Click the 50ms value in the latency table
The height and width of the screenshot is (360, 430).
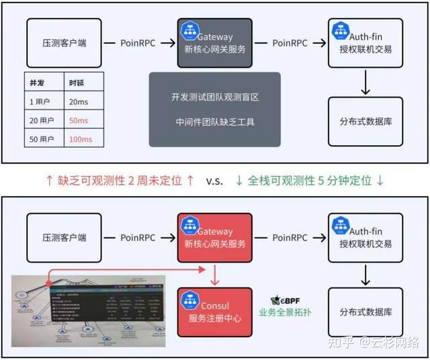tap(79, 120)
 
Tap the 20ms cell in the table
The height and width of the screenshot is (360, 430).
tap(79, 101)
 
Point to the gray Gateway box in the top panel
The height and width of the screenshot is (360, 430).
tap(215, 42)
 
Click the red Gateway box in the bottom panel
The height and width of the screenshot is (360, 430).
tap(215, 238)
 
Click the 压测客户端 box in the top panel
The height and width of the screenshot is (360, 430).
tap(64, 42)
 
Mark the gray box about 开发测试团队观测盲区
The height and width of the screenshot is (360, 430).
tap(215, 109)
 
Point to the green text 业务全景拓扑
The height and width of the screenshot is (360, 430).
tap(285, 313)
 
